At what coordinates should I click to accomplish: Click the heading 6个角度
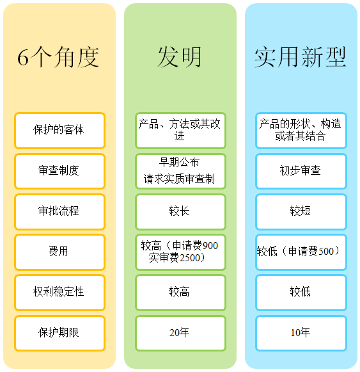[x=58, y=57]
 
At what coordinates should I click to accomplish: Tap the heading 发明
[x=180, y=57]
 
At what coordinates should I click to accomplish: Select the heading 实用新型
[x=301, y=57]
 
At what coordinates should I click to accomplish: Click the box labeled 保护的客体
[x=59, y=130]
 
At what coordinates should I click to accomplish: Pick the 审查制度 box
[x=59, y=171]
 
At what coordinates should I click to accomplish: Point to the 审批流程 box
[x=59, y=212]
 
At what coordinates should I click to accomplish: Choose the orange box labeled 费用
[x=59, y=252]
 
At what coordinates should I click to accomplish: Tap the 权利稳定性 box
[x=59, y=292]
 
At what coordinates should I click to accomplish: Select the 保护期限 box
[x=59, y=333]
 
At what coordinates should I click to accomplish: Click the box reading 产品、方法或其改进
[x=180, y=130]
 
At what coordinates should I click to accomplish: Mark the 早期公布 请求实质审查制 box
[x=180, y=171]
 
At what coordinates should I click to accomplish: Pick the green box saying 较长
[x=180, y=212]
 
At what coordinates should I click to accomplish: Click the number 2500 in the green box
[x=190, y=258]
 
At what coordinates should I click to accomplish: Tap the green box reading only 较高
[x=180, y=292]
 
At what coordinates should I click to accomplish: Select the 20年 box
[x=180, y=333]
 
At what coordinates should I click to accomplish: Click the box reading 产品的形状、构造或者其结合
[x=301, y=130]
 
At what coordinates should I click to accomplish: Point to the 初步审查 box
[x=301, y=171]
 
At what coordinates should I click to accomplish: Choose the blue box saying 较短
[x=301, y=212]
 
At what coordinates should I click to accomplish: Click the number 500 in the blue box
[x=326, y=252]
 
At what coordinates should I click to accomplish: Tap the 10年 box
[x=301, y=333]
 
